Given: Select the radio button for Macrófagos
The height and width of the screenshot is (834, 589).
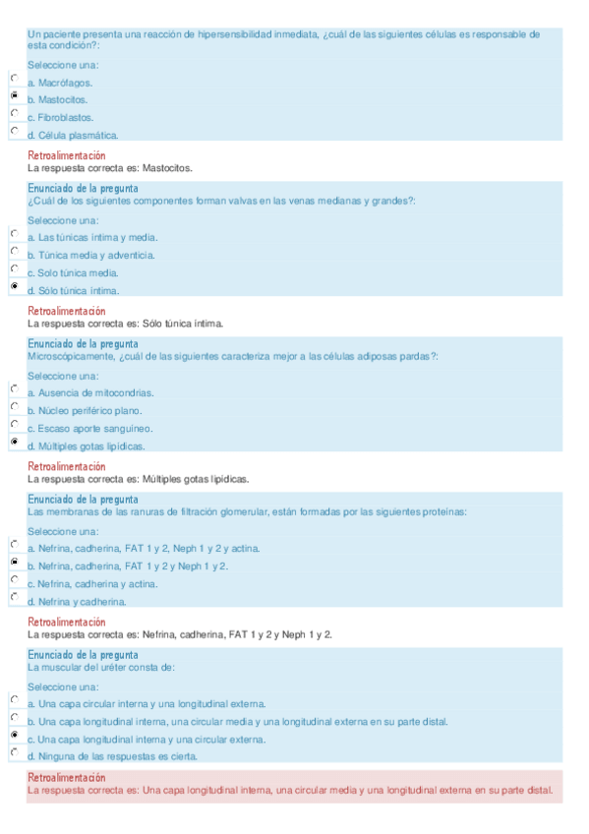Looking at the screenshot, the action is click(x=14, y=78).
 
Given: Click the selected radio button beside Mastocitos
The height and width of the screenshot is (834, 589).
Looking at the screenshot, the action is click(x=14, y=95).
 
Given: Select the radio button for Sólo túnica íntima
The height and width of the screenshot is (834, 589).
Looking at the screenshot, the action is click(x=14, y=286).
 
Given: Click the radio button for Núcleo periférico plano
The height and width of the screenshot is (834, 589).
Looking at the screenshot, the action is click(x=14, y=406).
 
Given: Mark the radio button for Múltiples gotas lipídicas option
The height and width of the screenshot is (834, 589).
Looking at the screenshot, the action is click(x=14, y=442).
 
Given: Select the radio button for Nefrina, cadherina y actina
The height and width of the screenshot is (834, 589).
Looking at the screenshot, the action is click(x=14, y=579).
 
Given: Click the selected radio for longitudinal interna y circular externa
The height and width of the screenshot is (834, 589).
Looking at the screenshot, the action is click(x=14, y=735).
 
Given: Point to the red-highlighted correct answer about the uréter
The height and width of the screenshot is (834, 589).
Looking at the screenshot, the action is click(x=290, y=790).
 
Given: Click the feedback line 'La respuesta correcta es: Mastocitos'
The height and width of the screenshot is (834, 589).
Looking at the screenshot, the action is click(x=110, y=167).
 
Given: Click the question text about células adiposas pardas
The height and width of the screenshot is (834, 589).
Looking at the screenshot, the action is click(x=232, y=356).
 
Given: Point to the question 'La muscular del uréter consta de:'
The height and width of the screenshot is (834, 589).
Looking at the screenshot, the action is click(x=101, y=667).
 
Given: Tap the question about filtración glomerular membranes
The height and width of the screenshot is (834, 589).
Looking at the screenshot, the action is click(x=246, y=511).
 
